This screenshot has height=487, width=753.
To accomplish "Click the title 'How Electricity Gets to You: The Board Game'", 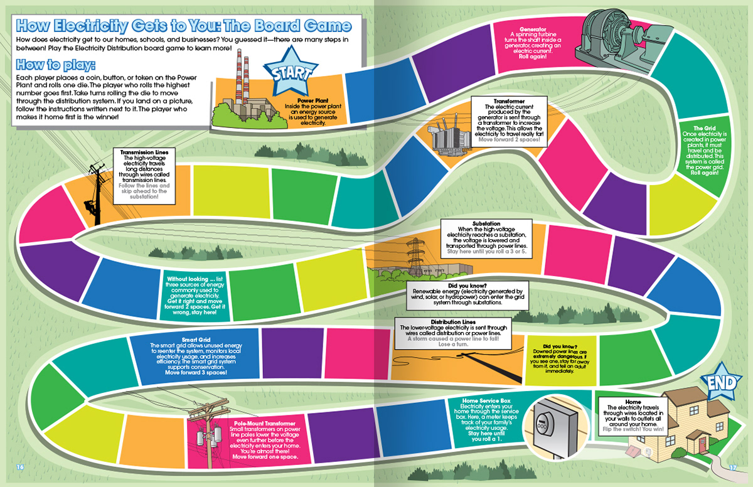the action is [x=183, y=26].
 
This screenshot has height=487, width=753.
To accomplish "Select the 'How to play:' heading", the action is [x=56, y=65].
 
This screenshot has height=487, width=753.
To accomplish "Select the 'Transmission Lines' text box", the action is [x=144, y=174].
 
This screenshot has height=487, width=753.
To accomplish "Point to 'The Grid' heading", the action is [x=705, y=129].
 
